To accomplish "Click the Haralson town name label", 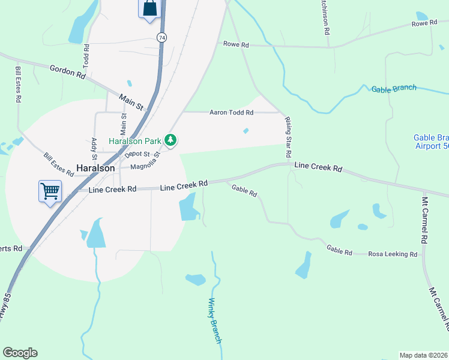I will pyautogui.click(x=95, y=169).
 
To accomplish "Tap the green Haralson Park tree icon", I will pyautogui.click(x=172, y=140).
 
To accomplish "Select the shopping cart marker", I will pyautogui.click(x=50, y=191).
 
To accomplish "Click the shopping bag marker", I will pyautogui.click(x=149, y=8).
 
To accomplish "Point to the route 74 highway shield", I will pyautogui.click(x=161, y=37).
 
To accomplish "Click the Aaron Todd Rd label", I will pyautogui.click(x=231, y=112).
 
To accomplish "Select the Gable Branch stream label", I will pyautogui.click(x=394, y=89).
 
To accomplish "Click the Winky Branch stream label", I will pyautogui.click(x=215, y=321).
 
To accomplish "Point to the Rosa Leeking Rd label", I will pyautogui.click(x=393, y=254).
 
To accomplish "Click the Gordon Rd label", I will pyautogui.click(x=67, y=71).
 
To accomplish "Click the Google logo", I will pyautogui.click(x=20, y=353).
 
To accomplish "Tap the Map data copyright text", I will pyautogui.click(x=423, y=355).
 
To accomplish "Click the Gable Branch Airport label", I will pyautogui.click(x=431, y=142).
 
